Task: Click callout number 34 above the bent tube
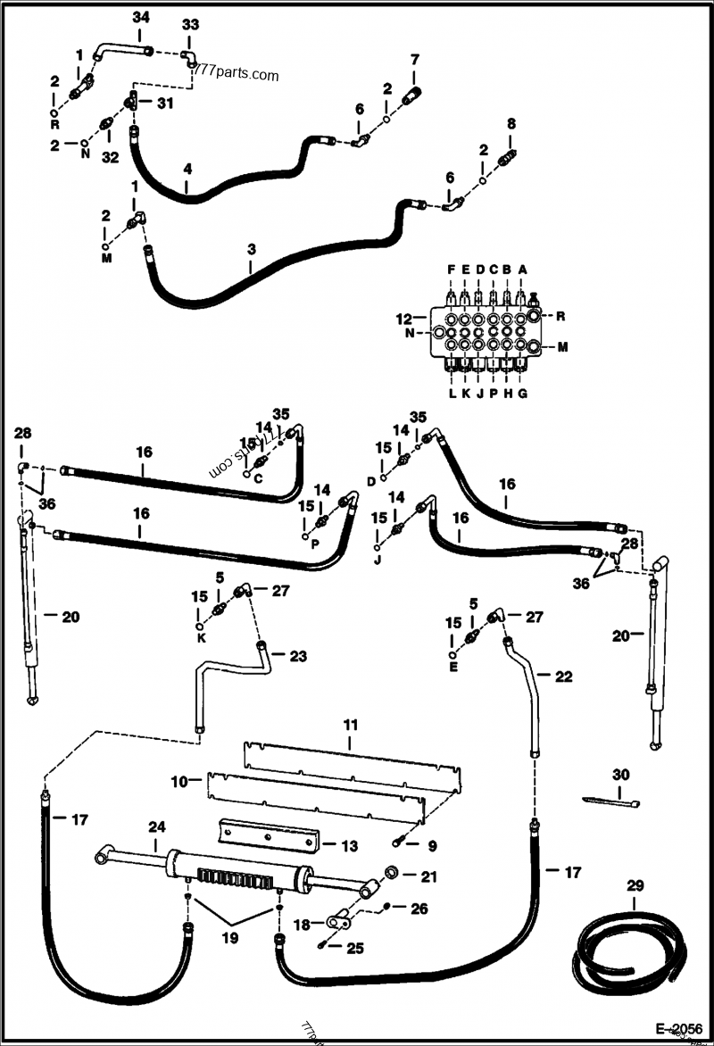click(141, 17)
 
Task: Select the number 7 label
click(413, 60)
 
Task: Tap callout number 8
click(511, 123)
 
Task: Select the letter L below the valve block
click(452, 394)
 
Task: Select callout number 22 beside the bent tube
click(562, 677)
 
